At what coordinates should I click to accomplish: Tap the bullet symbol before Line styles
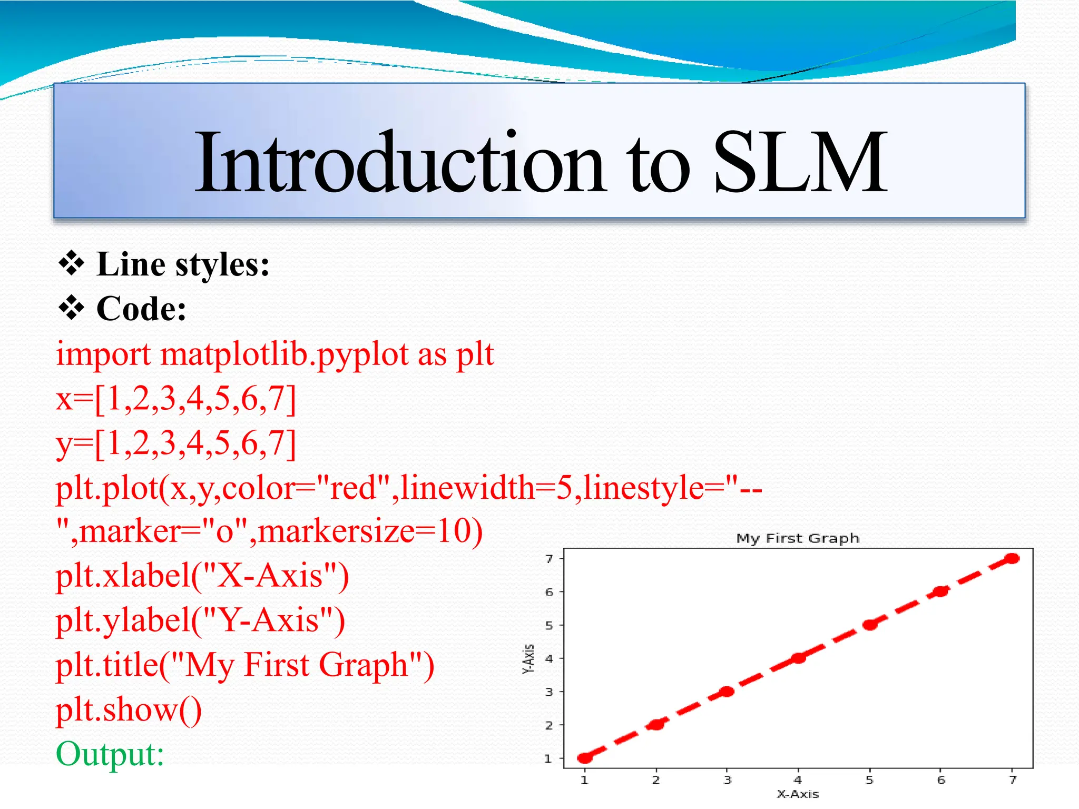pos(71,264)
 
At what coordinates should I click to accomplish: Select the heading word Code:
pos(141,309)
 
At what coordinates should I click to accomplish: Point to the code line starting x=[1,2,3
pos(176,399)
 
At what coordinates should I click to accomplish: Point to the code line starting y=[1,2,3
pos(176,443)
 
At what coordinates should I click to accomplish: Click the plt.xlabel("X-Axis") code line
pos(202,576)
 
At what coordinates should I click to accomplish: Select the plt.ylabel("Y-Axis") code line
pos(200,620)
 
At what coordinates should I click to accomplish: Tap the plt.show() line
pos(129,710)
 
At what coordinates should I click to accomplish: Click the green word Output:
pos(110,754)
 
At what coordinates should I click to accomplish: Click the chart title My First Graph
pos(797,538)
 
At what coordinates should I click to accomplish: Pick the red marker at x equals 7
pos(1012,559)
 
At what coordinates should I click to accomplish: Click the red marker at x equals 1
pos(585,758)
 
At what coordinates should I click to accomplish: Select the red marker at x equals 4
pos(798,658)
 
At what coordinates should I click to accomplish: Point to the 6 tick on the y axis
pos(550,592)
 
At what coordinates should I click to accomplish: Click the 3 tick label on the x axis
pos(727,780)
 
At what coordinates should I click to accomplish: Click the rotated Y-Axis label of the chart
pos(528,658)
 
